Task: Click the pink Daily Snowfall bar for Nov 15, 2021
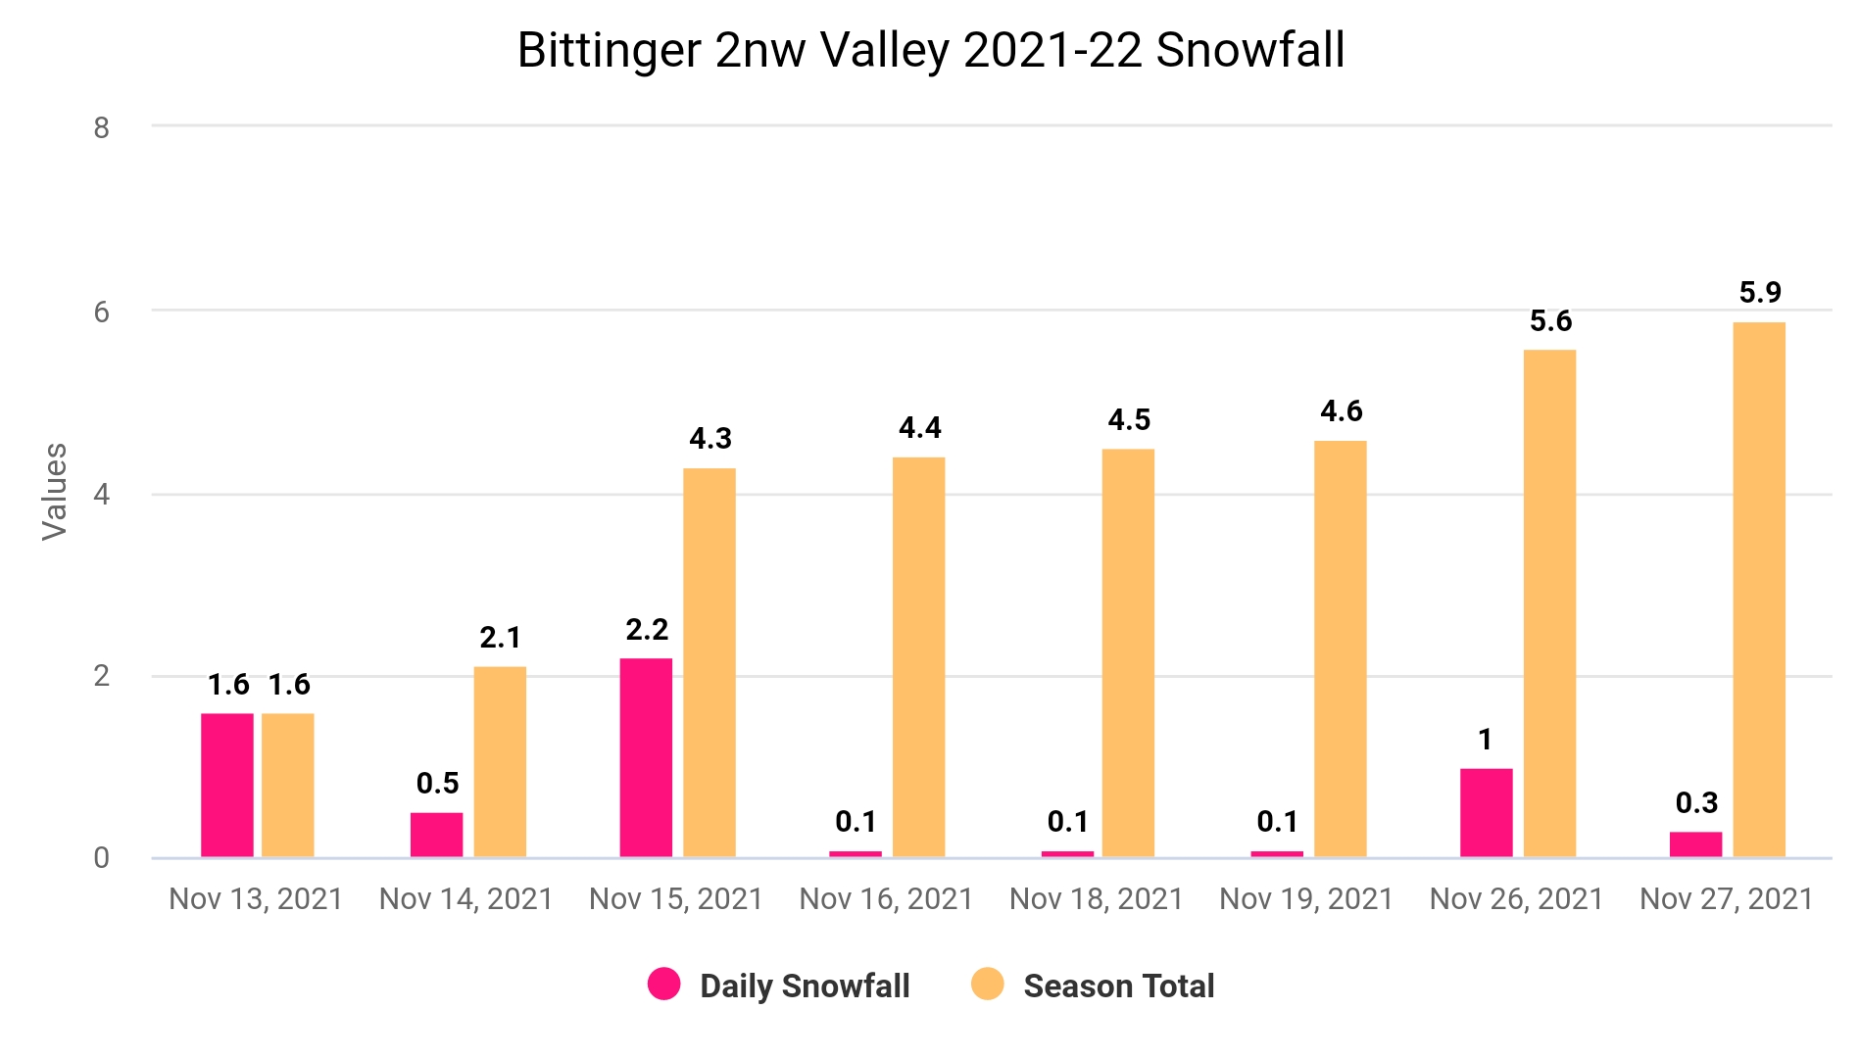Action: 646,758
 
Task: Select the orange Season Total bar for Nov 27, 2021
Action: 1759,590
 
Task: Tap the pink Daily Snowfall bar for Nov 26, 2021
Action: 1486,813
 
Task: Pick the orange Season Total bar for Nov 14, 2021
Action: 500,762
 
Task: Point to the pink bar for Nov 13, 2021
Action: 227,786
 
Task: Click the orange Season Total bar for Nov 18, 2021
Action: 1128,653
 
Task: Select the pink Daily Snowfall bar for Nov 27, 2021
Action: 1695,844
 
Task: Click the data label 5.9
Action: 1760,292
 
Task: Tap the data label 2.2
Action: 647,629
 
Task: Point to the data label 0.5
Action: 437,783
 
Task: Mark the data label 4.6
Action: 1341,410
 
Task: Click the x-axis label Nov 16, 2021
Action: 886,898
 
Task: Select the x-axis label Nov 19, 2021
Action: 1306,898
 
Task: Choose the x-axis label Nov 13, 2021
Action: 256,898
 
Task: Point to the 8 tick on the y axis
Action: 102,127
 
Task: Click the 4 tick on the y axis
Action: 102,494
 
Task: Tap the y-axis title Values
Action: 55,492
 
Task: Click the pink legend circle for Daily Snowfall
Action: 664,984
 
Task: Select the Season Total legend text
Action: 1119,986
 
